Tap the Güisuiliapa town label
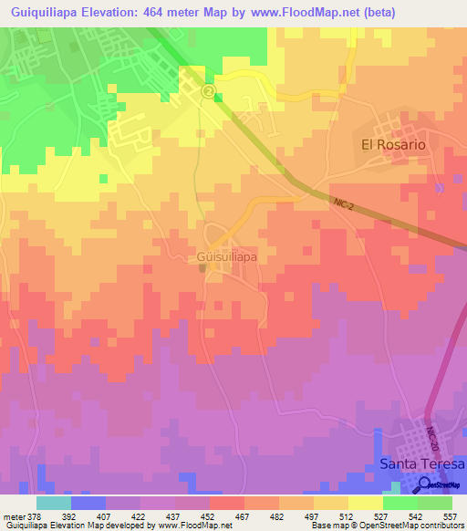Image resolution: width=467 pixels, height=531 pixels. tap(226, 257)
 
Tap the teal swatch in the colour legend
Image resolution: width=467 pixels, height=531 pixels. tap(54, 503)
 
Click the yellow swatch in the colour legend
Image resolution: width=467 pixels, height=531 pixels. tap(365, 503)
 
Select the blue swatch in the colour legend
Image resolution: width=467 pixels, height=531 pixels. tap(88, 503)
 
